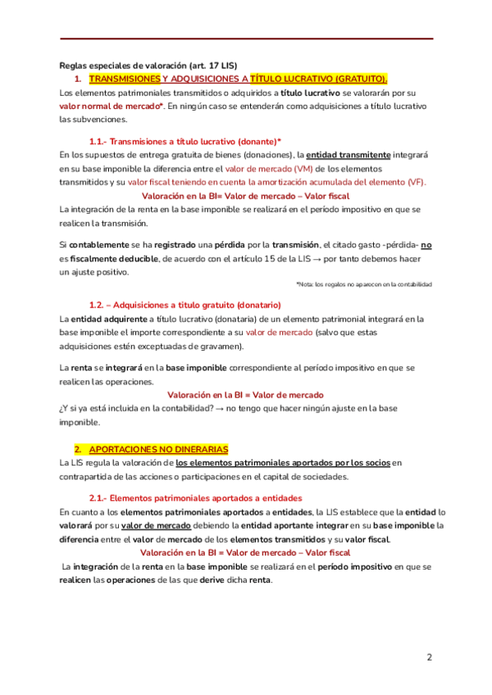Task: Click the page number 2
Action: click(x=429, y=657)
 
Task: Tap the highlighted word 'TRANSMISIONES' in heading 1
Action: click(x=124, y=79)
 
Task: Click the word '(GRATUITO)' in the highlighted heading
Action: click(x=360, y=79)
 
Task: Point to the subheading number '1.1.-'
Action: click(x=98, y=140)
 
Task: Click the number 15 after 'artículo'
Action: click(x=308, y=258)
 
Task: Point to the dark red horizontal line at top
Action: click(x=246, y=39)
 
